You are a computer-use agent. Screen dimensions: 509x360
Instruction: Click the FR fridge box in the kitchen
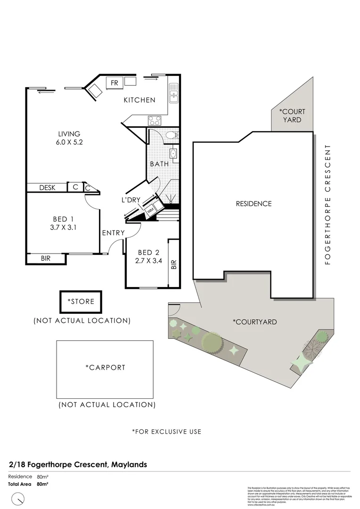[x=114, y=83]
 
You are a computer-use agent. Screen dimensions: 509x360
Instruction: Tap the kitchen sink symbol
[x=173, y=93]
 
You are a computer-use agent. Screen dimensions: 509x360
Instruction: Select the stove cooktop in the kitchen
[x=155, y=120]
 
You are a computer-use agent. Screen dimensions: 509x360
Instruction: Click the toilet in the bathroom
[x=172, y=135]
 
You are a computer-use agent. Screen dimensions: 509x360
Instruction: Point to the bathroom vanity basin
[x=173, y=153]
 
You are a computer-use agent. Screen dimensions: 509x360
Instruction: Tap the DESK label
[x=47, y=188]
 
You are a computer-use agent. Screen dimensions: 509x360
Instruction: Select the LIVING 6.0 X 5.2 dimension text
[x=69, y=142]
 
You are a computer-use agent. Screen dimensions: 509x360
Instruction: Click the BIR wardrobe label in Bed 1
[x=46, y=258]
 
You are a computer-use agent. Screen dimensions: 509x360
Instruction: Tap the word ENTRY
[x=113, y=233]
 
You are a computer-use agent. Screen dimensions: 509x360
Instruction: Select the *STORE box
[x=81, y=302]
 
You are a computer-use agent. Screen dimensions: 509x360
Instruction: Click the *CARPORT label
[x=105, y=367]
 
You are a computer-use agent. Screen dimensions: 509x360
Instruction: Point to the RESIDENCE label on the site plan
[x=254, y=204]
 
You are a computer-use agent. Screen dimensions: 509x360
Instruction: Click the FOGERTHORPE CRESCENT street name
[x=328, y=204]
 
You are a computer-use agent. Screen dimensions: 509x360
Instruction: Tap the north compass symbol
[x=18, y=498]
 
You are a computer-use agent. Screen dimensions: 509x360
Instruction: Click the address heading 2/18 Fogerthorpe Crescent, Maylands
[x=78, y=464]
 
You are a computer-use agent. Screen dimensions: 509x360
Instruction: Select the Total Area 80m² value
[x=42, y=484]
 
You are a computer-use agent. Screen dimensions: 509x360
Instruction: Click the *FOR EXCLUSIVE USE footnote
[x=166, y=431]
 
